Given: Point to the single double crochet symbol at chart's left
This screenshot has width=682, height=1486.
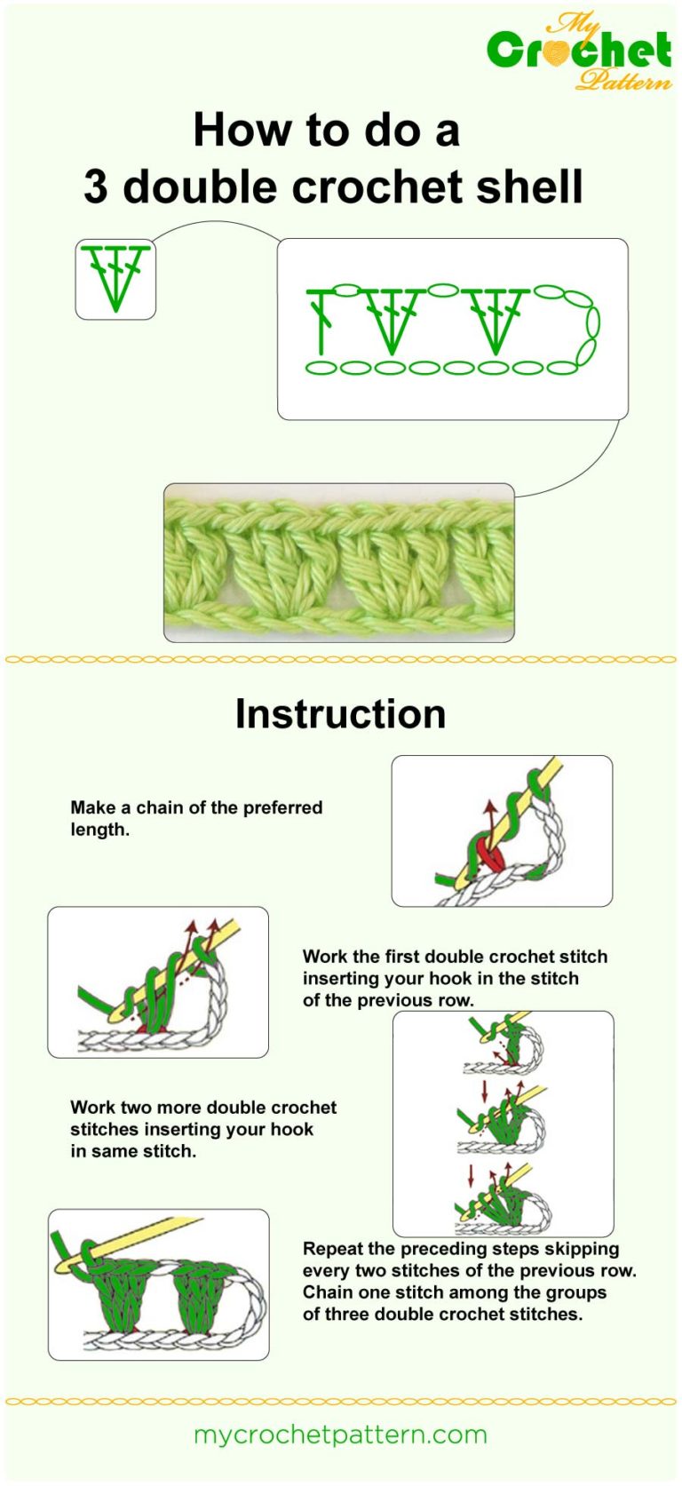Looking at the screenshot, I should coord(321,320).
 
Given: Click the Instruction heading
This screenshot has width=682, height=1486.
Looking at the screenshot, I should coord(340,714).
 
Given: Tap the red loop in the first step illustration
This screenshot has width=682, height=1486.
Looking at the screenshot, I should coord(488,855).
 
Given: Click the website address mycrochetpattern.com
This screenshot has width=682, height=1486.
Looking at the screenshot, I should coord(340,1434).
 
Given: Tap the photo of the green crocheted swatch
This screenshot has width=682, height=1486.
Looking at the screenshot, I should coord(338,562).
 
